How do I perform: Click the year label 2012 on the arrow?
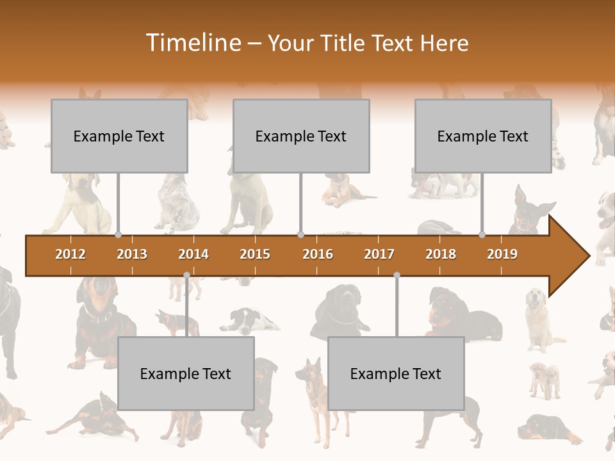70,254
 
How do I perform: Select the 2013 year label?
132,254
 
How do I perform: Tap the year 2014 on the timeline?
193,254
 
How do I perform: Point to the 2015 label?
255,254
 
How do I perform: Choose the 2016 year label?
318,254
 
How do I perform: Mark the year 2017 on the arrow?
379,254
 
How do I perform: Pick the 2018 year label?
441,254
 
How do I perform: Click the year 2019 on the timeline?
502,254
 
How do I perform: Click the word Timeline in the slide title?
192,43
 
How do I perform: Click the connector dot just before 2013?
118,235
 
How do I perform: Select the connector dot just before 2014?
186,275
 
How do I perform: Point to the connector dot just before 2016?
300,235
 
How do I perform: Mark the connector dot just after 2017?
397,275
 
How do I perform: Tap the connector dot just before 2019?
482,235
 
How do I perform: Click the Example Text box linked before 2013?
119,136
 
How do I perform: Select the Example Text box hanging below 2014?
186,373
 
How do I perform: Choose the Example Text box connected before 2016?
301,136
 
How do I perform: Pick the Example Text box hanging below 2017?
396,373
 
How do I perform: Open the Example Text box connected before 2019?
483,136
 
